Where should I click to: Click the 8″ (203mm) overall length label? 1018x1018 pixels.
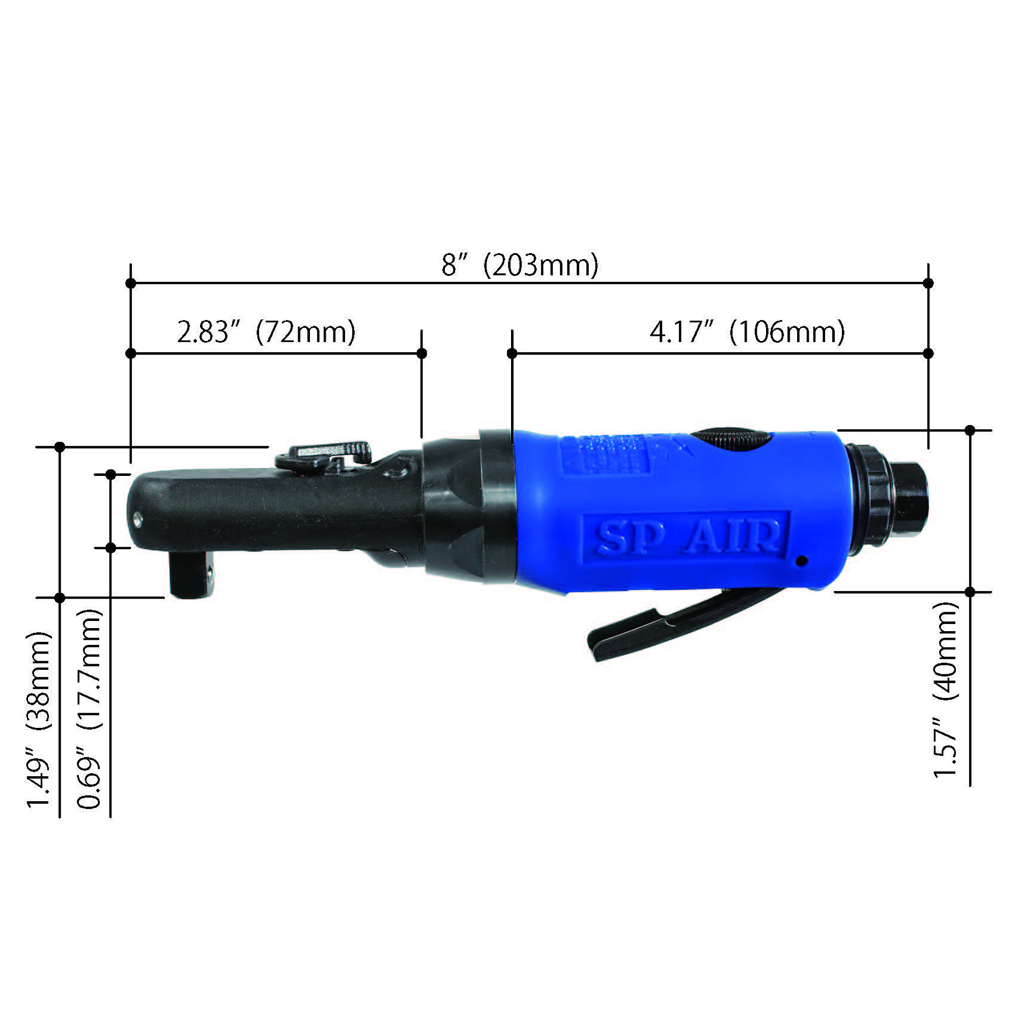[x=520, y=265]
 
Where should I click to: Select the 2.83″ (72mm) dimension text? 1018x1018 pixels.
[x=266, y=332]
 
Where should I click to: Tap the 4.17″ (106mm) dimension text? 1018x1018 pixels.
[x=747, y=332]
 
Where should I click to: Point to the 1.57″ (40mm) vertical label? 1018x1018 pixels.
[x=946, y=690]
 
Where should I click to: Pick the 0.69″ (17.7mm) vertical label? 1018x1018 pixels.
[x=90, y=709]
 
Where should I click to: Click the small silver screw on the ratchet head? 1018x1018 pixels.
[x=138, y=519]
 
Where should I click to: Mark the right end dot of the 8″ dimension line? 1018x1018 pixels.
[x=928, y=283]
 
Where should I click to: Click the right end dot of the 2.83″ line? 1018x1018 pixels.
[x=421, y=353]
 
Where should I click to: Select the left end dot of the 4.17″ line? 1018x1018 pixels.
[x=512, y=353]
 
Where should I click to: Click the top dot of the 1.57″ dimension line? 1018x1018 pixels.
[x=970, y=431]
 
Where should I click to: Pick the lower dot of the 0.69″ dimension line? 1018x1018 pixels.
[x=110, y=548]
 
